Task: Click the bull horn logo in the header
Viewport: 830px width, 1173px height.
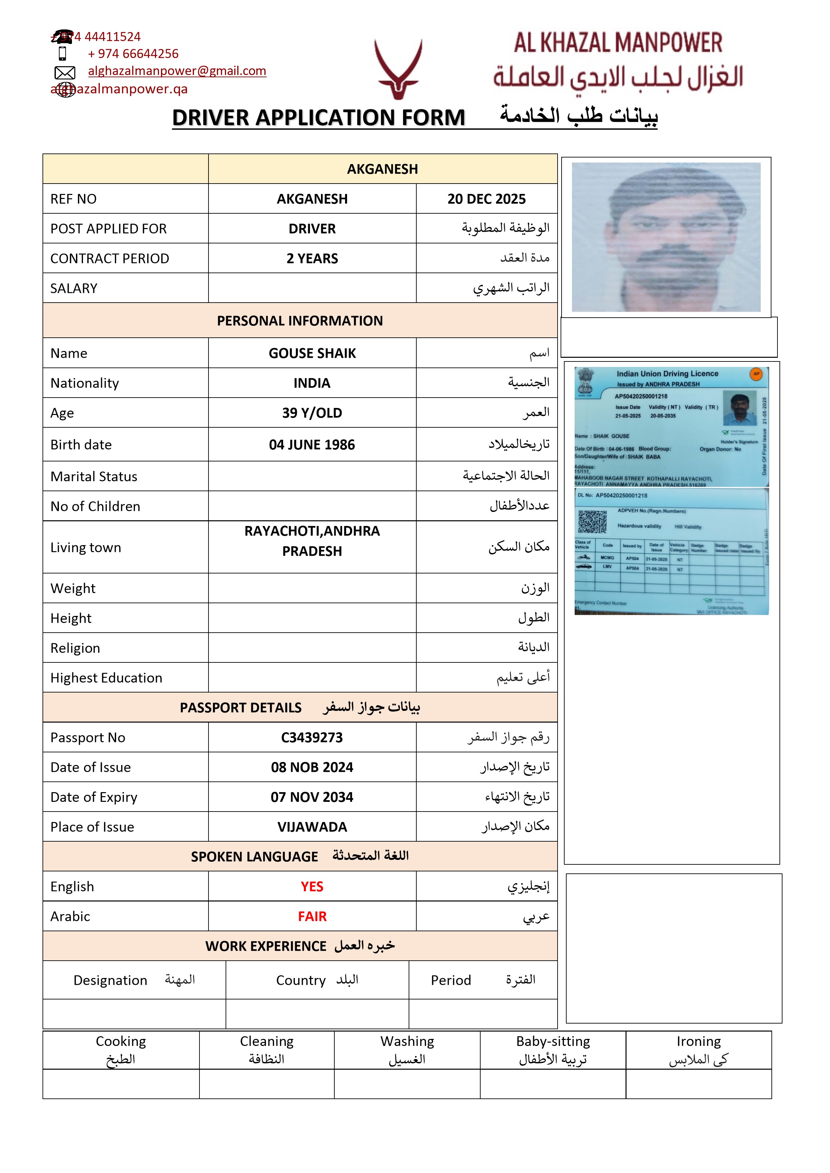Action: tap(398, 69)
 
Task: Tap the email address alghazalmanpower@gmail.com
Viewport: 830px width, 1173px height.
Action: tap(177, 71)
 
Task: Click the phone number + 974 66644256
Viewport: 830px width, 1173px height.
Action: tap(133, 54)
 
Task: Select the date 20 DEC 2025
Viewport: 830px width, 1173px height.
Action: tap(486, 199)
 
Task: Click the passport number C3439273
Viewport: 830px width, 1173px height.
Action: tap(312, 737)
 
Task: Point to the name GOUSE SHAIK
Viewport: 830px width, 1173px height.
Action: tap(312, 353)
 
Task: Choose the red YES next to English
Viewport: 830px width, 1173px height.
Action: tap(312, 886)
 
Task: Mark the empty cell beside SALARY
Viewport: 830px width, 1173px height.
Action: tap(312, 288)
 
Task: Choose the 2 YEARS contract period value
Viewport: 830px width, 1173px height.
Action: tap(312, 258)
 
